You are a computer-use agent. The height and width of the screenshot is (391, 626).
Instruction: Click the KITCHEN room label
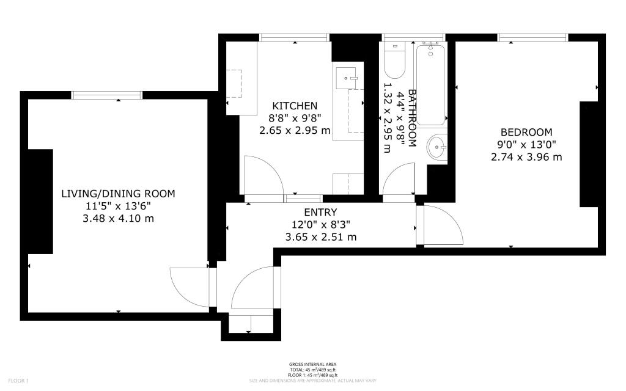pyautogui.click(x=295, y=106)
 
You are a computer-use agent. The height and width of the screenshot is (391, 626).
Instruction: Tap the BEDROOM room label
pyautogui.click(x=526, y=132)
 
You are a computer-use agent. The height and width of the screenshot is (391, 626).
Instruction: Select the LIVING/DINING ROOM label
pyautogui.click(x=118, y=194)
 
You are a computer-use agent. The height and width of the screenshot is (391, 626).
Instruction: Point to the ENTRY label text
pyautogui.click(x=320, y=212)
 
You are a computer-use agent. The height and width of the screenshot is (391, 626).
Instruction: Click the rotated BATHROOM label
pyautogui.click(x=412, y=119)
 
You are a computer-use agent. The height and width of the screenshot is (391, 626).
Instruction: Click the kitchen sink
pyautogui.click(x=347, y=78)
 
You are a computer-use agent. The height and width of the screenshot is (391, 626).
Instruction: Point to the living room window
pyautogui.click(x=107, y=95)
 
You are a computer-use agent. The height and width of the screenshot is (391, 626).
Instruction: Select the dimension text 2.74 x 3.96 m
pyautogui.click(x=526, y=157)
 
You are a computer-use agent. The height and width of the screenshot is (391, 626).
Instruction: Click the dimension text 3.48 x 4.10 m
pyautogui.click(x=118, y=219)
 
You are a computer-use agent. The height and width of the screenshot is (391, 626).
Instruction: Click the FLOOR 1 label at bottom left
pyautogui.click(x=19, y=381)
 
